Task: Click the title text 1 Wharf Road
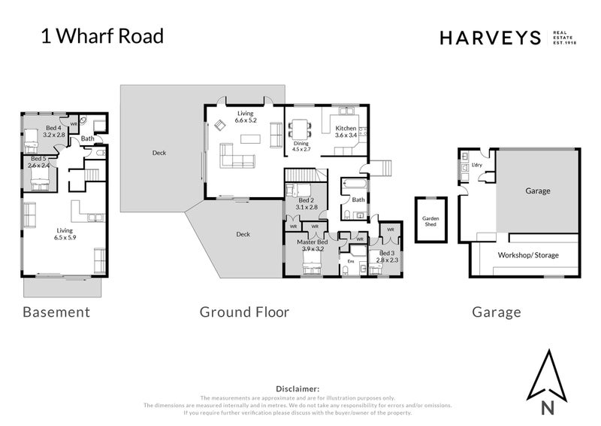tap(101, 36)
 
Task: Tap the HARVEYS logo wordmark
tap(491, 38)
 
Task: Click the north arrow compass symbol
tap(547, 383)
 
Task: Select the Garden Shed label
tap(430, 221)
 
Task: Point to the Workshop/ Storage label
tap(528, 255)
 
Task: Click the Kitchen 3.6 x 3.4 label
tap(347, 132)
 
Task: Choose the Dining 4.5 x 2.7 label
tap(301, 146)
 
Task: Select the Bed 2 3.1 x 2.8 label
tap(307, 203)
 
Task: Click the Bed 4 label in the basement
tap(54, 132)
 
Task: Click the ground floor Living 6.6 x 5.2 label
tap(245, 116)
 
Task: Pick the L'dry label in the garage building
tap(477, 165)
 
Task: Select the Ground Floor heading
tap(244, 312)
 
